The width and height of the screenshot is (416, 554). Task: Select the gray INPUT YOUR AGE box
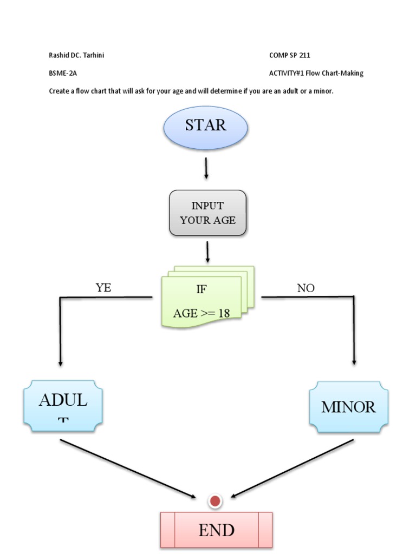(x=207, y=213)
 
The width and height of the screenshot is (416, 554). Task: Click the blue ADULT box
(x=63, y=406)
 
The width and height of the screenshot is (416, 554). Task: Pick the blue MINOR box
(x=348, y=407)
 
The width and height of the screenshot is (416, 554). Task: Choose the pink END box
(x=216, y=530)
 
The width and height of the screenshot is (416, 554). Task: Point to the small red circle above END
(x=215, y=501)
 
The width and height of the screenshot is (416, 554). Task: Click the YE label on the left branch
(x=103, y=288)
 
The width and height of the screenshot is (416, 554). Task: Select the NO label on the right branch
(x=305, y=288)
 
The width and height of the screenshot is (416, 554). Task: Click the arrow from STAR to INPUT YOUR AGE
(x=206, y=168)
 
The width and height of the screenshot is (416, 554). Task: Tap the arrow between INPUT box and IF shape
(x=207, y=252)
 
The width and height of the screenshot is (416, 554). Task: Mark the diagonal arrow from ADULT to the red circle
(x=127, y=469)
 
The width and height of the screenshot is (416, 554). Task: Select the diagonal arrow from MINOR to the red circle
(x=292, y=469)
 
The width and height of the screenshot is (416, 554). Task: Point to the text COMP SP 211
(x=289, y=55)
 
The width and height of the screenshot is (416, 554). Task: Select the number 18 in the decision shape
(x=224, y=313)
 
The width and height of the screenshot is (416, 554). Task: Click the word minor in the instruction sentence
(x=323, y=91)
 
